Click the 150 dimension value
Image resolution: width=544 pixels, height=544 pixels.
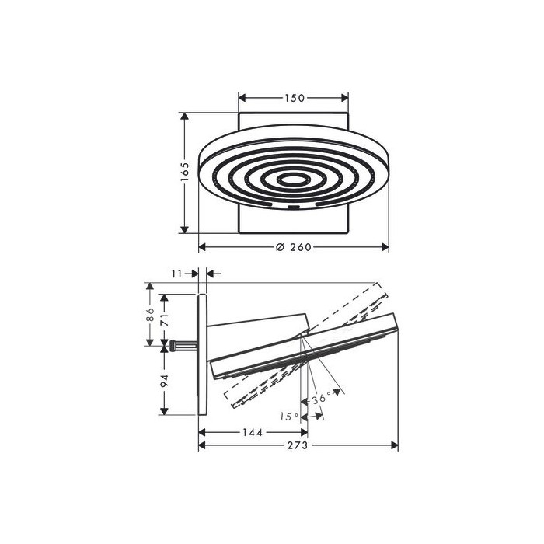[x=295, y=98]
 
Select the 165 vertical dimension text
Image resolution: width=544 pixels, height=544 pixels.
[x=185, y=172]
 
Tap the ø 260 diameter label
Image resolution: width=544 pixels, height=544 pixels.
[x=294, y=247]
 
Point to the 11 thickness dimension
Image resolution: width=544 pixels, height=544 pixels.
[x=176, y=274]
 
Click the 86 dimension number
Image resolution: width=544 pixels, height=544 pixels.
[x=150, y=315]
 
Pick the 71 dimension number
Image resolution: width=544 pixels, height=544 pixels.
[x=164, y=319]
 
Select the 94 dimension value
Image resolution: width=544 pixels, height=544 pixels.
[x=164, y=381]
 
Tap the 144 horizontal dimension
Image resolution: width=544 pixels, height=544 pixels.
[x=253, y=432]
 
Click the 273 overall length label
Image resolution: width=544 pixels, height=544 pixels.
[x=298, y=445]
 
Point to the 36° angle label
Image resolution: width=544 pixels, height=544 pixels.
[x=322, y=398]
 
